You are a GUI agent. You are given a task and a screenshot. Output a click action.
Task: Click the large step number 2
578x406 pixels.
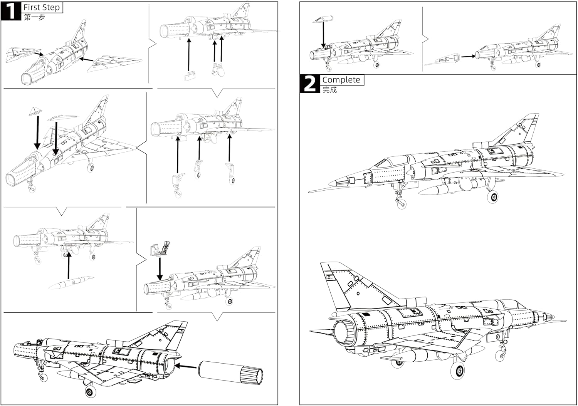tap(309, 84)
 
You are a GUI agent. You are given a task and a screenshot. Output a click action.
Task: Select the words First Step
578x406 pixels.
tap(42, 7)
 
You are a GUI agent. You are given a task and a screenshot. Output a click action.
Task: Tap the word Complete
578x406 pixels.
tap(341, 80)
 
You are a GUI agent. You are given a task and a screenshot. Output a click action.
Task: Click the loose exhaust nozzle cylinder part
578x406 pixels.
tap(231, 372)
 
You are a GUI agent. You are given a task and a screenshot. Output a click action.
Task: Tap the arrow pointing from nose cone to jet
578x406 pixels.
tap(468, 56)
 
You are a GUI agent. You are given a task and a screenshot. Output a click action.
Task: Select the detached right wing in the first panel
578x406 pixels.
tap(112, 62)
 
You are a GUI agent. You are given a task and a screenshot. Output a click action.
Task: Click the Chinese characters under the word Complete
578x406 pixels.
tap(329, 90)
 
